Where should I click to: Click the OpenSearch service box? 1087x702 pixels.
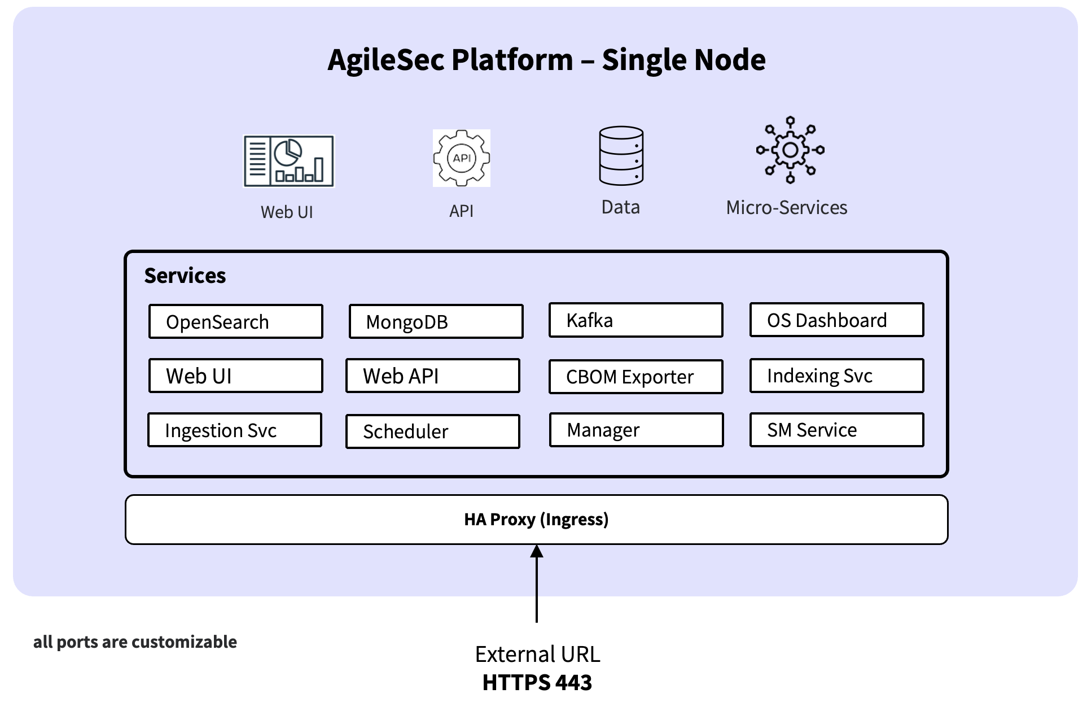coord(236,321)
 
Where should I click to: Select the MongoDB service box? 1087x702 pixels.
coord(436,321)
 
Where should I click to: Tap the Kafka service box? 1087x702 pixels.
coord(635,320)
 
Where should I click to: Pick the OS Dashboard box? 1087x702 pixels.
coord(836,320)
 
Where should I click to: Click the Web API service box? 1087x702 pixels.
coord(432,376)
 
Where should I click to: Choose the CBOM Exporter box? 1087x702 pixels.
coord(635,377)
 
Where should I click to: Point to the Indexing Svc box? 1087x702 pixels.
coord(836,376)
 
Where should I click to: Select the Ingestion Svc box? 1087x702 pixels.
coord(235,430)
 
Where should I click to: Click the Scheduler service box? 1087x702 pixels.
coord(432,431)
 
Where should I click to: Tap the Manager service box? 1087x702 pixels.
coord(636,430)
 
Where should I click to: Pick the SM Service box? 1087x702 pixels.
coord(836,430)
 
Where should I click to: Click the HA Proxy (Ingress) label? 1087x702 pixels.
coord(536,520)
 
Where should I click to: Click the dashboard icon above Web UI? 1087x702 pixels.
coord(288,161)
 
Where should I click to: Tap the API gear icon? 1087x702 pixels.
coord(462,158)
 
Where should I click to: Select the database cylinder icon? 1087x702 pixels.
coord(621,156)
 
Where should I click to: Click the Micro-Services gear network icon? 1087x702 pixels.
coord(790,150)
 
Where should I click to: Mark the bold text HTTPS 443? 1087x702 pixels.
coord(537,682)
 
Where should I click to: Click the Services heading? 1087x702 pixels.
coord(185,276)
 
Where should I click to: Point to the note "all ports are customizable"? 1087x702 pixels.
coord(135,642)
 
